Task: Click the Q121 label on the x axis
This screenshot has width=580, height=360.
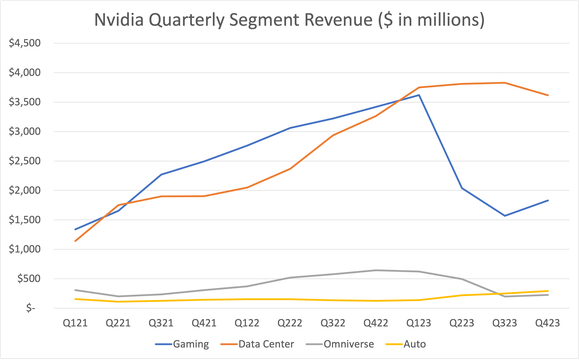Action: point(77,323)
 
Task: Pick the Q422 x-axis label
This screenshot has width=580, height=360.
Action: point(375,323)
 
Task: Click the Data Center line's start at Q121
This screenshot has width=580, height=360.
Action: point(77,241)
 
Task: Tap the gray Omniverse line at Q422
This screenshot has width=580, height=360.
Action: point(375,270)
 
